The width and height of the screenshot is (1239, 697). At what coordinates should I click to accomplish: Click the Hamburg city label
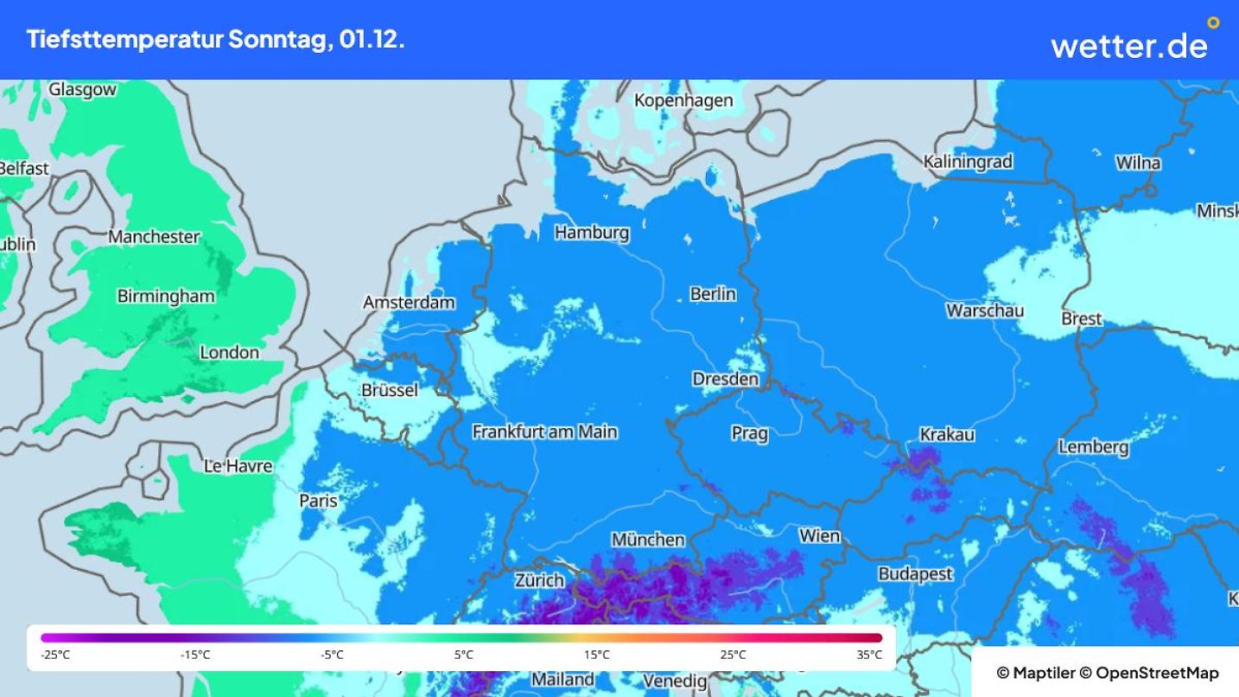pyautogui.click(x=591, y=233)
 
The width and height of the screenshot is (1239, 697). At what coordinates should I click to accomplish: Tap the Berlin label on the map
pyautogui.click(x=713, y=294)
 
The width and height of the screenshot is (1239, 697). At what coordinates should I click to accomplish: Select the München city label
pyautogui.click(x=648, y=540)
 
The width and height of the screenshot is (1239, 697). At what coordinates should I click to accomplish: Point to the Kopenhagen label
pyautogui.click(x=683, y=100)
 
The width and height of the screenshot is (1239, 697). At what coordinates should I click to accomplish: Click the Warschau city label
pyautogui.click(x=985, y=310)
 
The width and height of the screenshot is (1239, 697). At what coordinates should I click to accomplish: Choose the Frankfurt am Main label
pyautogui.click(x=544, y=432)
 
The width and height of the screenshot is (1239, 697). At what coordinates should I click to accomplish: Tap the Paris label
pyautogui.click(x=318, y=501)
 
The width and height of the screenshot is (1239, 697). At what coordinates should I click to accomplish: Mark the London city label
pyautogui.click(x=229, y=352)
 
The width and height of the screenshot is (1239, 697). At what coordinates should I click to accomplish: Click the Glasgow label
pyautogui.click(x=82, y=90)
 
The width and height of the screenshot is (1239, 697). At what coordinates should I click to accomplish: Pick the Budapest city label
pyautogui.click(x=915, y=573)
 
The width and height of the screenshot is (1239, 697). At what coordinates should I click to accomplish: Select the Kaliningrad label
pyautogui.click(x=968, y=162)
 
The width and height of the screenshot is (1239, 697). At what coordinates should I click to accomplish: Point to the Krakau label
pyautogui.click(x=947, y=435)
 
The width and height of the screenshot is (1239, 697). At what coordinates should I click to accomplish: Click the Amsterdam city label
pyautogui.click(x=409, y=303)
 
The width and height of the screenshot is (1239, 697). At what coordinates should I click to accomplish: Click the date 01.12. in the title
pyautogui.click(x=372, y=40)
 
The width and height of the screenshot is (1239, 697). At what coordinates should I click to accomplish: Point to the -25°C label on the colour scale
pyautogui.click(x=55, y=655)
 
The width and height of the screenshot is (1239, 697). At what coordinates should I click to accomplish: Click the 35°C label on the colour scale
pyautogui.click(x=869, y=655)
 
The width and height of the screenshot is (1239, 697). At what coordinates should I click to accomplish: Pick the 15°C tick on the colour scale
pyautogui.click(x=596, y=655)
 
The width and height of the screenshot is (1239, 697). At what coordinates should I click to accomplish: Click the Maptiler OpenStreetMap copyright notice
pyautogui.click(x=1107, y=673)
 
